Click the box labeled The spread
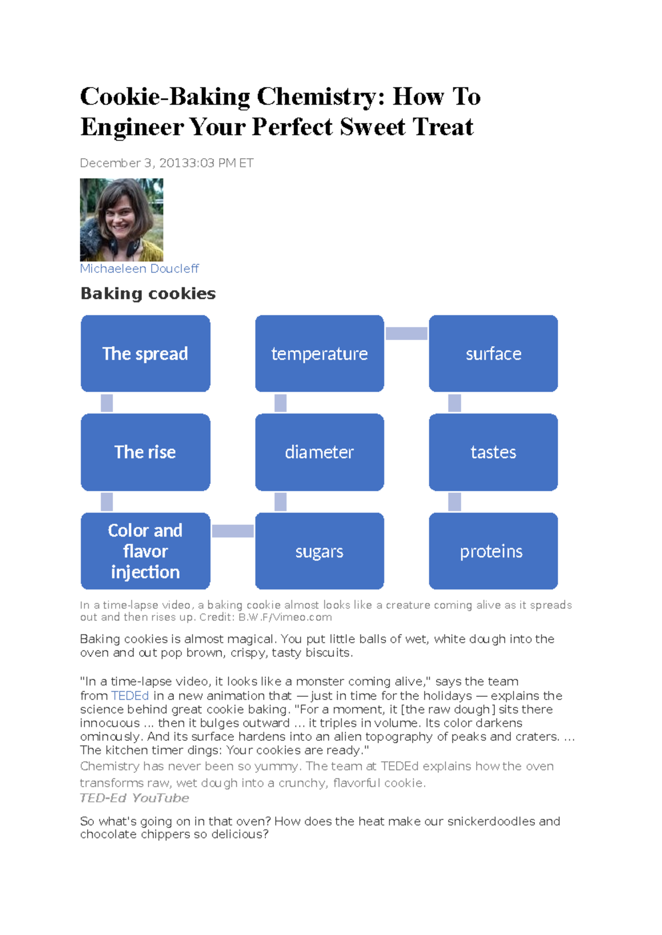145,353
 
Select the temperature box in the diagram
319,353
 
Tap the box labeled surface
493,353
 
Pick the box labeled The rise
145,452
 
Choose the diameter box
319,452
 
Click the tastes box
493,452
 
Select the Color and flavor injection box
145,551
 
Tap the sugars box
319,551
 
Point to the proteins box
493,551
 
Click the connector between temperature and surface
407,333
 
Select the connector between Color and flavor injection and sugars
233,531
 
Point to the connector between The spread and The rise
107,403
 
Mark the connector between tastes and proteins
455,502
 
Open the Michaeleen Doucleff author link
139,268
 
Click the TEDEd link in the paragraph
130,696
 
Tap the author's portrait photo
121,219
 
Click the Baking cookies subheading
148,293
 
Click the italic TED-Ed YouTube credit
134,798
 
